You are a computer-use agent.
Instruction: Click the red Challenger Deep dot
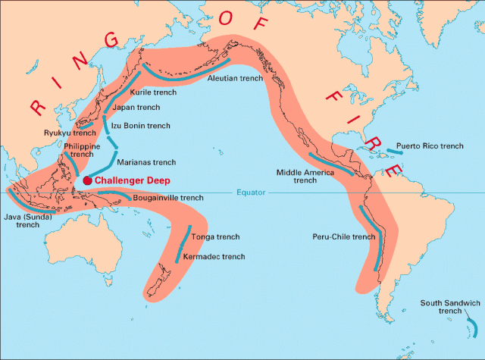click(x=87, y=180)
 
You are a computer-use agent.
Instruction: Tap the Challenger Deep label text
click(x=132, y=181)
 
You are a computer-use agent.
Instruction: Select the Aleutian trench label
click(x=235, y=77)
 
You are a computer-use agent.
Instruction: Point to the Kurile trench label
click(x=153, y=92)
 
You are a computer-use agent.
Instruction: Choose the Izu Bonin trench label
click(x=140, y=126)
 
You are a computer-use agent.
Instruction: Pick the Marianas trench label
click(x=146, y=162)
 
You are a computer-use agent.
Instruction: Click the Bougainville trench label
click(x=167, y=198)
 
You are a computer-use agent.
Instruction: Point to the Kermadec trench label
click(x=213, y=257)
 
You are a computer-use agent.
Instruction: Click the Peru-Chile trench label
click(x=343, y=236)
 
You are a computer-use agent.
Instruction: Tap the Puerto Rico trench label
click(x=430, y=146)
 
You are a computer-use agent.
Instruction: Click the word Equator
click(x=251, y=193)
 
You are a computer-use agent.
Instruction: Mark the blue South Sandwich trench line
click(x=472, y=327)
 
